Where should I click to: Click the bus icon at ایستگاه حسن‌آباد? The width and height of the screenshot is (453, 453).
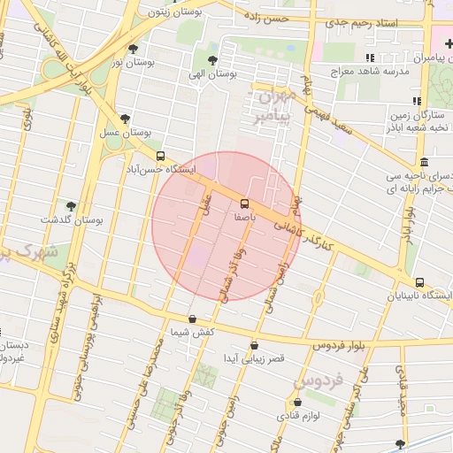[x=159, y=156]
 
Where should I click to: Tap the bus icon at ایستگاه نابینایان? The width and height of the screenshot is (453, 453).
[x=419, y=283]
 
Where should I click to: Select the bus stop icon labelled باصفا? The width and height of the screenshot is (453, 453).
[x=245, y=203]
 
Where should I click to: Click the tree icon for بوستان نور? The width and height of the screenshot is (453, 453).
[x=133, y=50]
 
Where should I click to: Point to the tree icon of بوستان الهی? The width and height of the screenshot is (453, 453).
[x=211, y=60]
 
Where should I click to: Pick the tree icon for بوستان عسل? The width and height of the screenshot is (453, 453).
[x=124, y=119]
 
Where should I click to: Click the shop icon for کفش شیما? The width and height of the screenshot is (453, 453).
[x=193, y=319]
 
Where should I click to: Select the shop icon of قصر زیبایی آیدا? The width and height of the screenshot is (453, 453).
[x=254, y=346]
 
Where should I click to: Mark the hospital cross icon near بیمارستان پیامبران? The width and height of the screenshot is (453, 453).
[x=449, y=43]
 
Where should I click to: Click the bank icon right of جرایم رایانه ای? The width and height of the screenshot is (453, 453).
[x=425, y=163]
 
